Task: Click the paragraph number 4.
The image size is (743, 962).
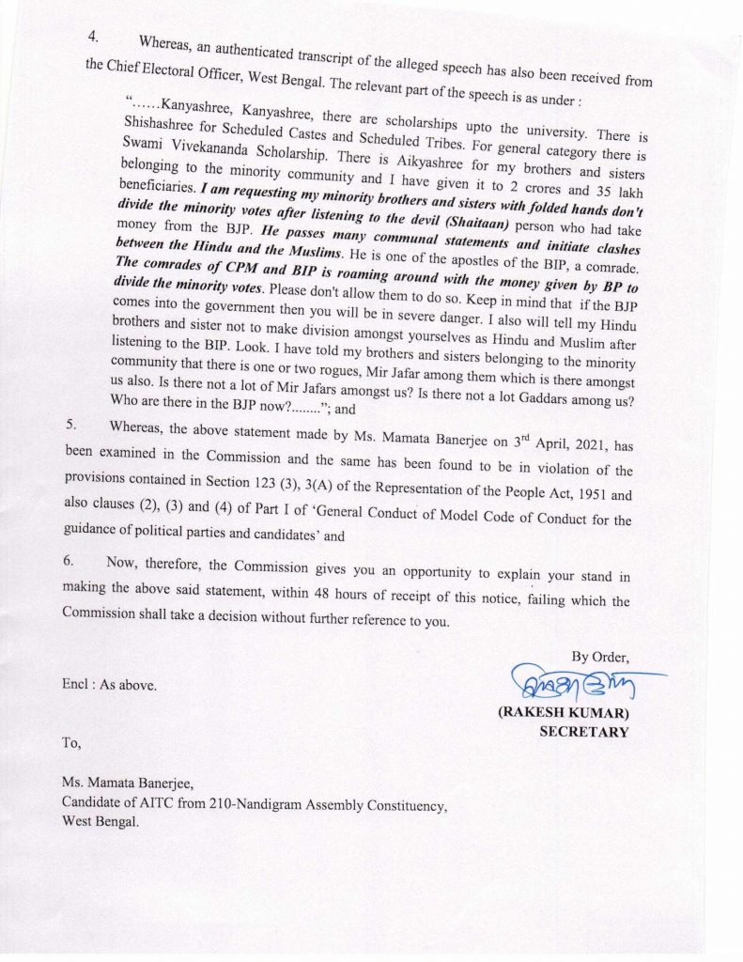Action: point(93,38)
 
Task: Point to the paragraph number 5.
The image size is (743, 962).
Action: point(70,425)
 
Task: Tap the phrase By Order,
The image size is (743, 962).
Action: point(600,656)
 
